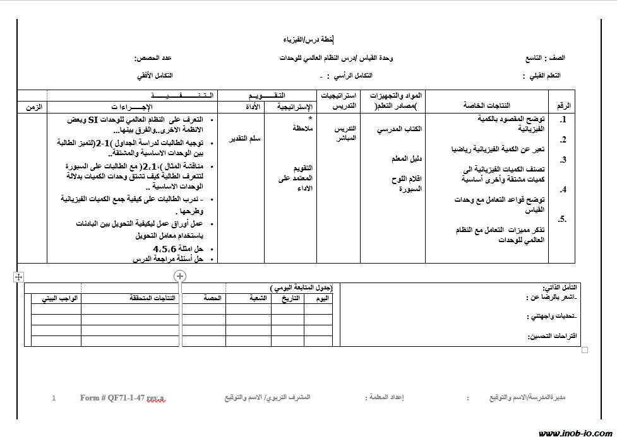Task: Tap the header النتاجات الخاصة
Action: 487,106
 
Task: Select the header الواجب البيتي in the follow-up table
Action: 59,298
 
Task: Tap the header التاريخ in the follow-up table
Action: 289,298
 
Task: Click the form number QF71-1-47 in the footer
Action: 122,398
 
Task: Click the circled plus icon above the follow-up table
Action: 180,276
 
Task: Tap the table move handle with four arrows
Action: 18,277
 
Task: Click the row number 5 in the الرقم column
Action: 561,219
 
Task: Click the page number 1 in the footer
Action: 54,398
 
